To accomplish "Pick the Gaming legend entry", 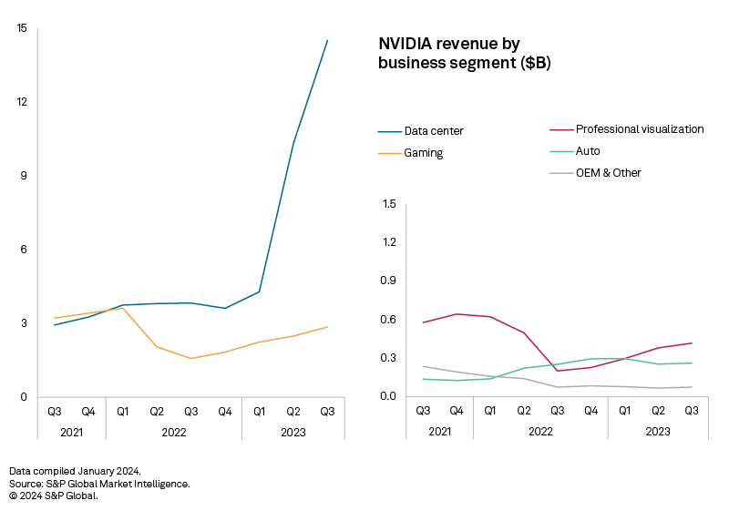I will click(423, 153).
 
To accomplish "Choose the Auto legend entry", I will click(588, 150).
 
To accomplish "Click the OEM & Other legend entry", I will click(608, 172).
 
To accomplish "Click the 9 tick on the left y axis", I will click(24, 176).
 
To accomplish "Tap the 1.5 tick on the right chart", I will click(390, 204).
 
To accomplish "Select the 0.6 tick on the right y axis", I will click(390, 320).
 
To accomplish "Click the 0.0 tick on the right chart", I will click(390, 396).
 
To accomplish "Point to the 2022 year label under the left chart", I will click(173, 432).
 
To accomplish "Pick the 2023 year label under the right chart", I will click(659, 431).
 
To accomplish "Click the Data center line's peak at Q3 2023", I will click(327, 40).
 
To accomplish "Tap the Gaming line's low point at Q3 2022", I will click(191, 358).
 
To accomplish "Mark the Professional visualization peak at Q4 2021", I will click(457, 314).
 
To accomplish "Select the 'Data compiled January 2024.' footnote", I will click(75, 471).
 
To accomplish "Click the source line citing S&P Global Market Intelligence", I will click(99, 484).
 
